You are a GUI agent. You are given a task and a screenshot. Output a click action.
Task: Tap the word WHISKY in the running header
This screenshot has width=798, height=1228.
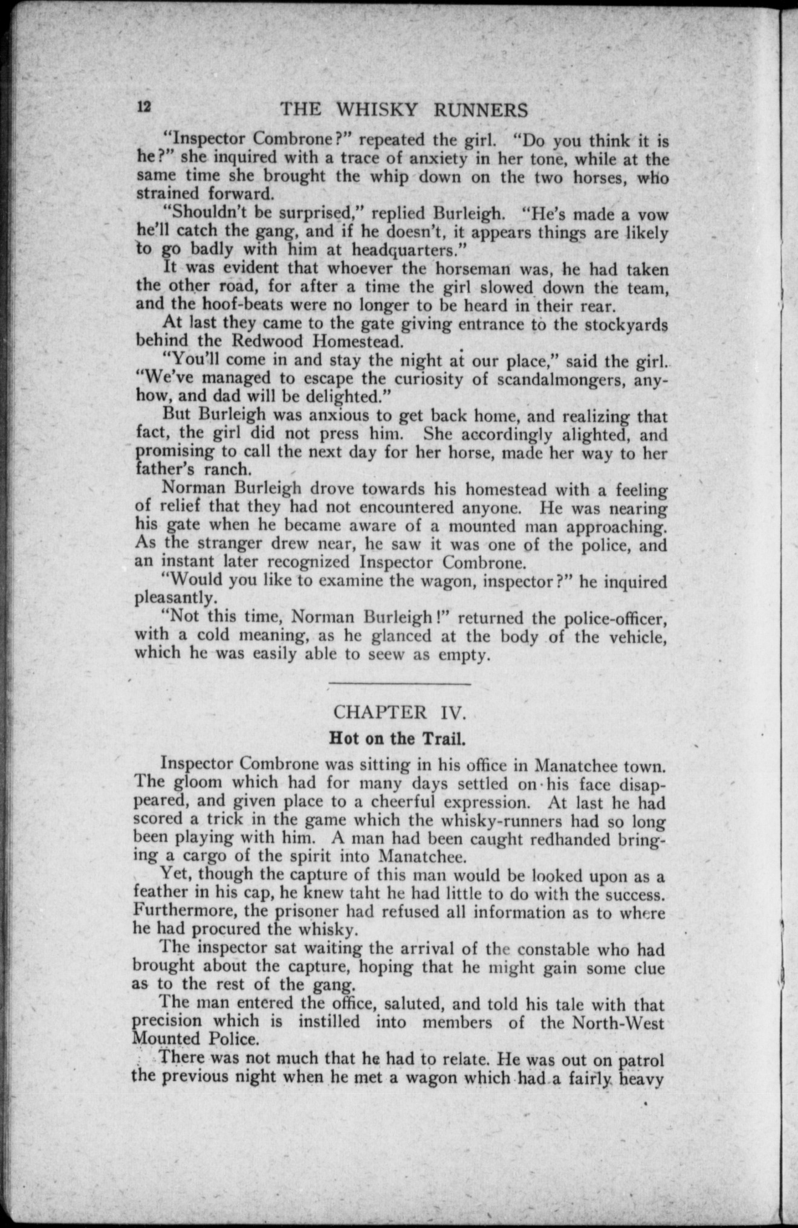coord(377,109)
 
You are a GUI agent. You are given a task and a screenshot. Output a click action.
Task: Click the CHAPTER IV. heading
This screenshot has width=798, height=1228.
coord(399,711)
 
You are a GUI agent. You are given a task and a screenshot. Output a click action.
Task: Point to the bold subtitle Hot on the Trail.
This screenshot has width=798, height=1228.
coord(398,738)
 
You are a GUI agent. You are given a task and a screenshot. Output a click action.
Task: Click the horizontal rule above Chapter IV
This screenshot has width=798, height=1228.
coord(399,683)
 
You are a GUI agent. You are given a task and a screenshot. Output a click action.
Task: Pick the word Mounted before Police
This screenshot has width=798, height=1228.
coord(165,1039)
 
